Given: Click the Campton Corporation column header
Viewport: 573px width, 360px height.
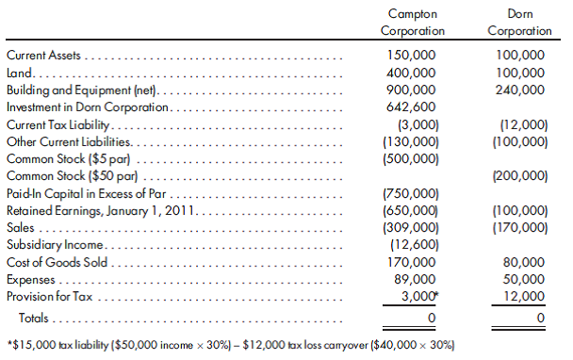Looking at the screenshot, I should pyautogui.click(x=412, y=23).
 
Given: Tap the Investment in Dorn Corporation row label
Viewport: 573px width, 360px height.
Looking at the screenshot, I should pyautogui.click(x=88, y=107).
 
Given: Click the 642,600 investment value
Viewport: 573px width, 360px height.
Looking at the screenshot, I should pyautogui.click(x=412, y=107).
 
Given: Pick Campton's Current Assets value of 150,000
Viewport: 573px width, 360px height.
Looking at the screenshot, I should pyautogui.click(x=412, y=56).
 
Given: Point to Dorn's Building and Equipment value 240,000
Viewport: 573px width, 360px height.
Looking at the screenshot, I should pyautogui.click(x=519, y=90).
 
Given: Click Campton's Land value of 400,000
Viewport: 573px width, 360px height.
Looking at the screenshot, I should pyautogui.click(x=412, y=73).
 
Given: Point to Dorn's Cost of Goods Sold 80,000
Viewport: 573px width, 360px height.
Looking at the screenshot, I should pyautogui.click(x=523, y=262).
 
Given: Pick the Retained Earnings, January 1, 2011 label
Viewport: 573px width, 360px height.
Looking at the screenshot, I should pyautogui.click(x=99, y=210).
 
